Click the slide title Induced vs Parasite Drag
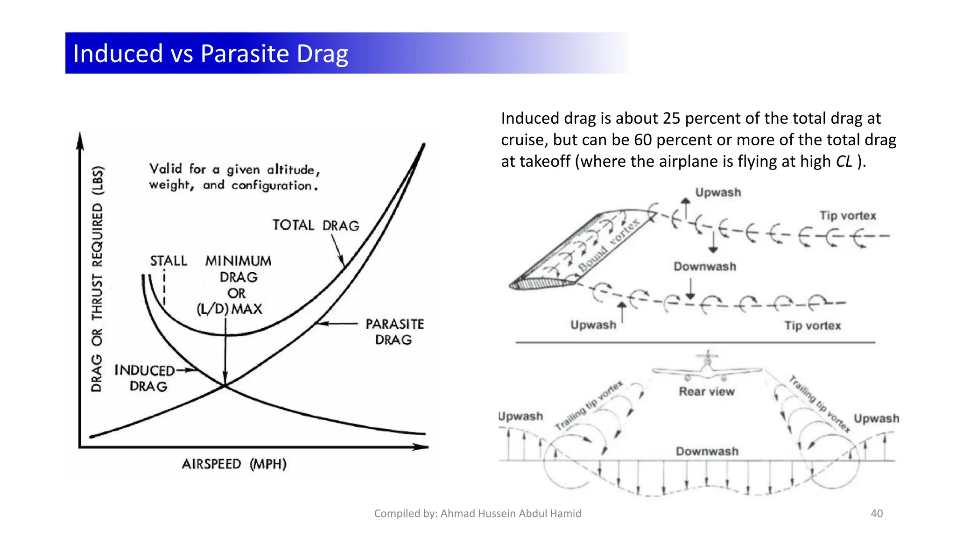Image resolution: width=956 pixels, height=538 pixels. (x=211, y=53)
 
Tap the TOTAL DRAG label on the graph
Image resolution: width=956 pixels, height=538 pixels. (x=316, y=226)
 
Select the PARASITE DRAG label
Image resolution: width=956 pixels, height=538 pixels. (x=394, y=332)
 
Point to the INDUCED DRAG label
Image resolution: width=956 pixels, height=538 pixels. (x=145, y=378)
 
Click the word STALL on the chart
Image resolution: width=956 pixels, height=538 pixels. (x=169, y=261)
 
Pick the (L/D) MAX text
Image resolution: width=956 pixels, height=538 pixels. (x=230, y=309)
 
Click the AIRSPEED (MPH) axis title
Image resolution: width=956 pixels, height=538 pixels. (x=234, y=464)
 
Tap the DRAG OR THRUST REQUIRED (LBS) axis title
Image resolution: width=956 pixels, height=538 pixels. (x=97, y=279)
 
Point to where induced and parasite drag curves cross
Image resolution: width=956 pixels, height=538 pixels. (x=225, y=385)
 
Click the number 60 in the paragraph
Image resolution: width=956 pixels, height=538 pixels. (x=643, y=140)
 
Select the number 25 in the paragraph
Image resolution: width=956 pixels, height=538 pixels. (x=671, y=118)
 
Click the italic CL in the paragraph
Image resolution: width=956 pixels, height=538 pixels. (x=844, y=161)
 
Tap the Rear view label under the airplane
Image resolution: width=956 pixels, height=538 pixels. (x=706, y=391)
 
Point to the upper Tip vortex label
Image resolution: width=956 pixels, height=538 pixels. (x=848, y=216)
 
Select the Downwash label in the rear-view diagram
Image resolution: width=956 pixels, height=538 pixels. (x=707, y=451)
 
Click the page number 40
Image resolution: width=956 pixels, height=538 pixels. (x=877, y=513)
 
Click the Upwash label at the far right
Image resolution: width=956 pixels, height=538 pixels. (x=876, y=418)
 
